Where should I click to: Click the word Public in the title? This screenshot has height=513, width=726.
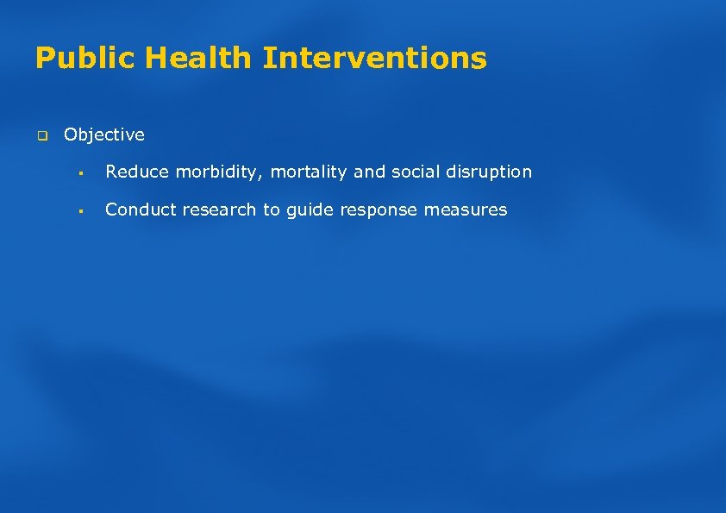point(85,59)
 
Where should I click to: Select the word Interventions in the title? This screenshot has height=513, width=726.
point(375,59)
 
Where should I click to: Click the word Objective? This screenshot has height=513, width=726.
point(104,135)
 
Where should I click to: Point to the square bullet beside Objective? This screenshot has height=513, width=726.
point(40,135)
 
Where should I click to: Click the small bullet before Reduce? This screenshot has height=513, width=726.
point(78,172)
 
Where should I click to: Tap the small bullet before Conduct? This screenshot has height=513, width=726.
point(78,210)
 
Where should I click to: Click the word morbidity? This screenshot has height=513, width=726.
point(213,172)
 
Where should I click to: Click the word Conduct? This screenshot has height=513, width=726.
point(138,210)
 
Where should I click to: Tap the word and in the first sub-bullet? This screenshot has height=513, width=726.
point(369,172)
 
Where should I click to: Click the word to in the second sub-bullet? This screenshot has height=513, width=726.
point(272,210)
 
